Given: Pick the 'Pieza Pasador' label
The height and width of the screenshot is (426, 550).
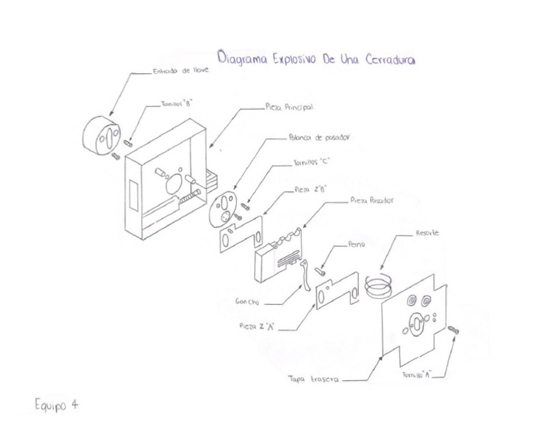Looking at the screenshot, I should [x=371, y=202].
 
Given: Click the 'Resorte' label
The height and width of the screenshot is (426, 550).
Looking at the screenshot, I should [x=427, y=234].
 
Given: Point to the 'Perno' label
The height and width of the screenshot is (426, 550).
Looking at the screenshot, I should [x=357, y=244].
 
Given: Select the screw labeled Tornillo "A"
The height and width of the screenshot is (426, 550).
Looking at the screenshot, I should [x=453, y=330].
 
